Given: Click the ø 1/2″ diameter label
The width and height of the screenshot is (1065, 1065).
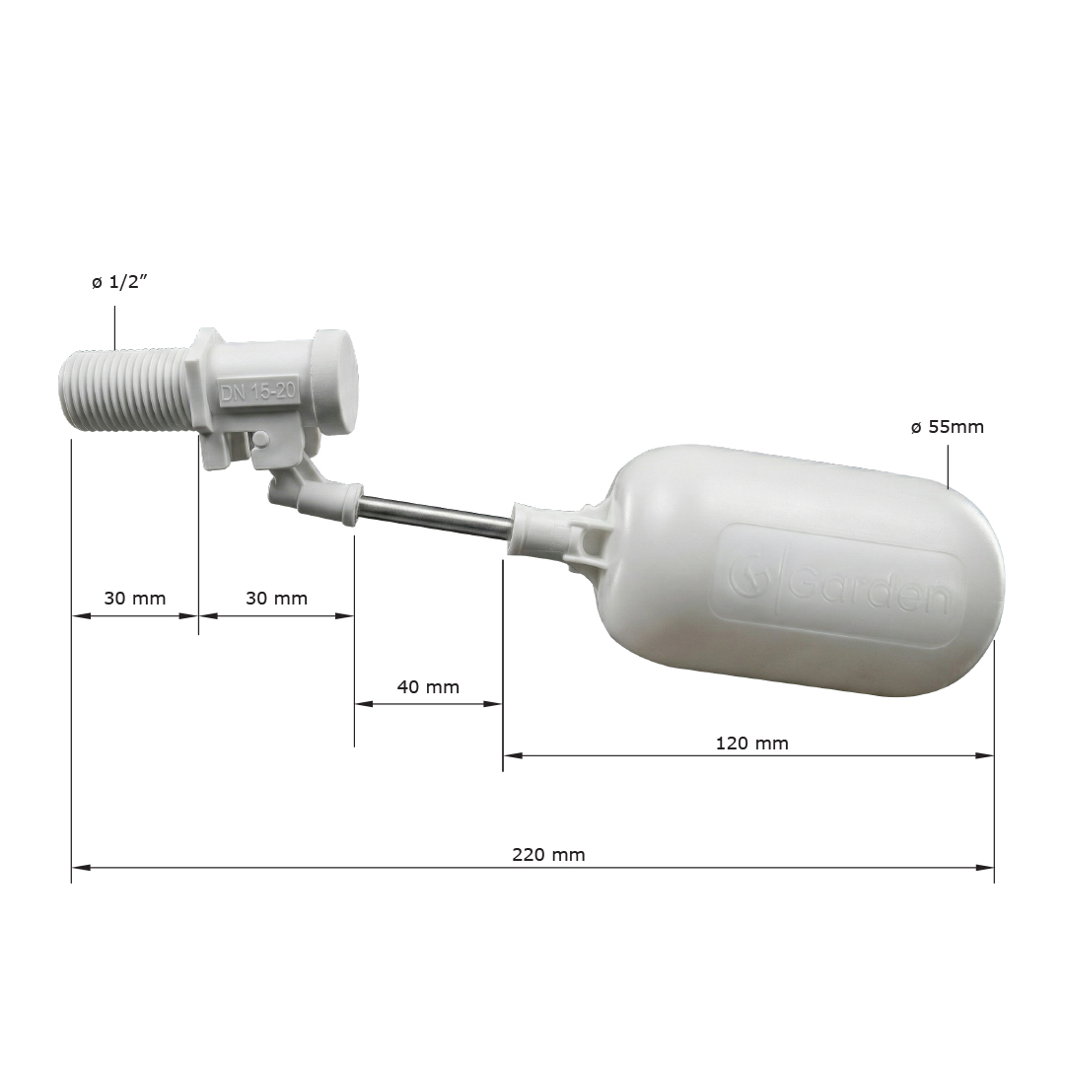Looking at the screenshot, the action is point(119,283).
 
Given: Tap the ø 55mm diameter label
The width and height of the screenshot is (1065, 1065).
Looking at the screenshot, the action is point(947,427).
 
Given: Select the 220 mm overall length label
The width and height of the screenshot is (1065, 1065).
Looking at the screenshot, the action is point(548,854).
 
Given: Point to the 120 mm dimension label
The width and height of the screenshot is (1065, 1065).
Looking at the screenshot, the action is point(751,744).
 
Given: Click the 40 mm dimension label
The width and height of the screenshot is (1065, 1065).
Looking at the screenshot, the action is point(428,686).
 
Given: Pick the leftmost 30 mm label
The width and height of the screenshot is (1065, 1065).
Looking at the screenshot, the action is point(134,599).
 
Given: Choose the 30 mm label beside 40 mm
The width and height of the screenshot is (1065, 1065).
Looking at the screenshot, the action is point(276,599).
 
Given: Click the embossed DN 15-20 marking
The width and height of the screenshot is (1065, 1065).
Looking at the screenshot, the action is point(257,392).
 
